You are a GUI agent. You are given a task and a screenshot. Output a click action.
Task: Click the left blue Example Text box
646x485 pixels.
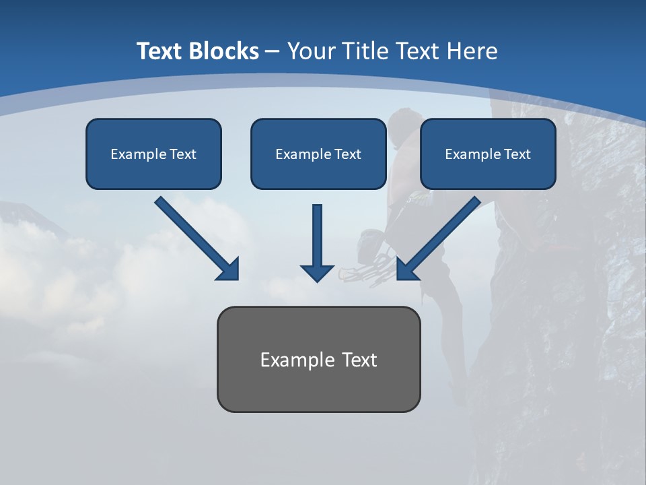153,154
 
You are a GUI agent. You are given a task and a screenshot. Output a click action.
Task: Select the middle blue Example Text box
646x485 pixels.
318,154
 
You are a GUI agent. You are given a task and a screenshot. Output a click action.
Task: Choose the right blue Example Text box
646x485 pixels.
488,154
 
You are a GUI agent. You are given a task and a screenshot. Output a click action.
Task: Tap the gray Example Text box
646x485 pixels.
318,360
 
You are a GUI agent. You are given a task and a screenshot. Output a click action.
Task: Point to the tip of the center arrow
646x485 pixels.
317,280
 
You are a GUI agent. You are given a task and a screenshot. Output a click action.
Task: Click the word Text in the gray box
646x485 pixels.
360,360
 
